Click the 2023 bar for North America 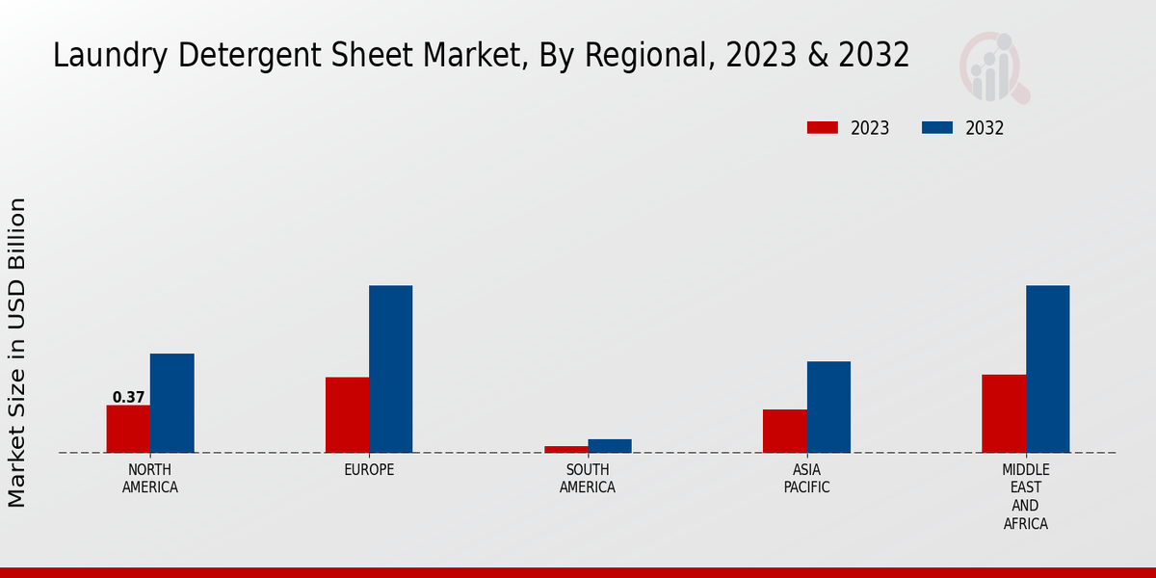pos(128,429)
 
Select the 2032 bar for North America pos(171,403)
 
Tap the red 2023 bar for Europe pos(347,414)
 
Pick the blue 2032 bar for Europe pos(390,369)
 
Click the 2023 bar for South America pos(565,449)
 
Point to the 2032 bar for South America pos(610,446)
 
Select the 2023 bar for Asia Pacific pos(784,431)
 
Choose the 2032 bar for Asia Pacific pos(828,407)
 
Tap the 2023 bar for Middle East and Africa pos(1004,413)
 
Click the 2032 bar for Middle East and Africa pos(1047,369)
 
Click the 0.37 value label pos(128,397)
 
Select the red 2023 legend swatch pos(823,128)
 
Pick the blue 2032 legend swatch pos(937,128)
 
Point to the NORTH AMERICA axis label pos(150,479)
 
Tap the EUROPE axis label pos(369,470)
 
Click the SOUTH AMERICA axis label pos(588,479)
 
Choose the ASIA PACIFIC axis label pos(806,479)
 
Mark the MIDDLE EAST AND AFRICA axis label pos(1025,497)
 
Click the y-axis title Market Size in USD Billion pos(17,352)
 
